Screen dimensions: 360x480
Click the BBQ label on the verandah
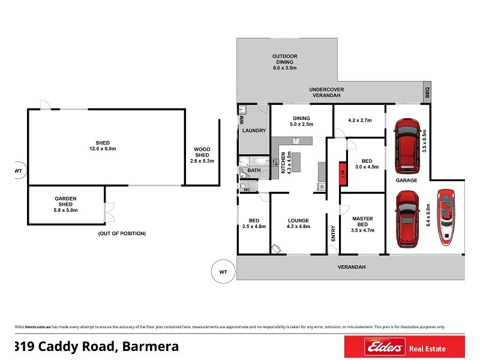coord(427,93)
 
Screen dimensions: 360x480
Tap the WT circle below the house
coord(223,272)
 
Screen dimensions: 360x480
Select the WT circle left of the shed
coord(18,171)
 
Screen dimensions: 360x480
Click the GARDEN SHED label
coord(66,204)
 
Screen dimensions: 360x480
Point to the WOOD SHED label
coord(202,155)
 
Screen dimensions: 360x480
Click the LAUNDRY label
coord(253,130)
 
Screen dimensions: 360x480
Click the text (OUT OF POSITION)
coord(122,233)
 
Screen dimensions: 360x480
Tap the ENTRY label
coord(334,233)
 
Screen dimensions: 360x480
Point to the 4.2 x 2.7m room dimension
coord(359,119)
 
